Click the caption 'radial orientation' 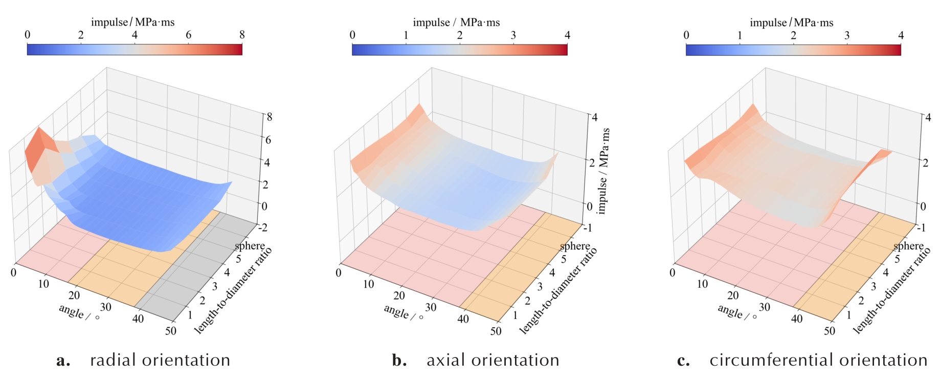[160, 360]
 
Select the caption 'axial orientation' [493, 360]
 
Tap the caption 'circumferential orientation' [818, 360]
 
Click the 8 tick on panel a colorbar [242, 35]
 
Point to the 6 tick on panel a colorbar [188, 35]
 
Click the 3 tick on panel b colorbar [513, 35]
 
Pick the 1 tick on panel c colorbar [740, 35]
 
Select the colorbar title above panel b [456, 23]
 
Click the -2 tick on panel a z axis [262, 227]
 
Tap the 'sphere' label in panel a [250, 246]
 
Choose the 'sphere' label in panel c [908, 246]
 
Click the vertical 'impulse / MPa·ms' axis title [604, 171]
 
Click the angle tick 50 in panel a [171, 331]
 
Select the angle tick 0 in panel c [673, 272]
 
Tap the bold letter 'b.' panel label [399, 361]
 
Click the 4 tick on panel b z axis [594, 118]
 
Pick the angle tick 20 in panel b [399, 295]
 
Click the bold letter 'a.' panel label [63, 361]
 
